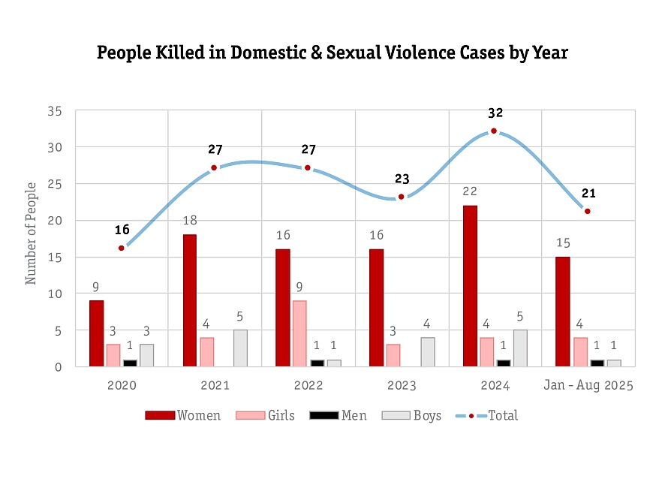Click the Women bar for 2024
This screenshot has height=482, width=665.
[470, 286]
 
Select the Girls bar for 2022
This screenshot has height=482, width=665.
[299, 333]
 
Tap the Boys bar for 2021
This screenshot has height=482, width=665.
[239, 348]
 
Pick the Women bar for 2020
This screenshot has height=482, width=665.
[96, 333]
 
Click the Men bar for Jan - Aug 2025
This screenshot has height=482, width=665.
[597, 363]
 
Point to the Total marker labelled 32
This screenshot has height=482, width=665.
[494, 131]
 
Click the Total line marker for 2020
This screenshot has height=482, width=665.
[122, 248]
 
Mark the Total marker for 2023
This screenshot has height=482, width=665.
[402, 197]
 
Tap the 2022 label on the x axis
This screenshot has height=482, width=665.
[308, 386]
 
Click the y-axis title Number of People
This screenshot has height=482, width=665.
[32, 239]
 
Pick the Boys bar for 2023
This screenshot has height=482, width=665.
[427, 351]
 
